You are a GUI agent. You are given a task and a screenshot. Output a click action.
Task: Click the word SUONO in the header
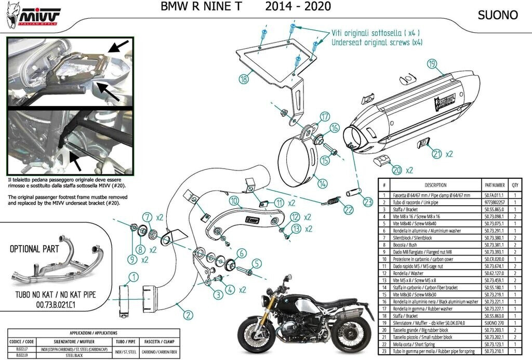coord(498,15)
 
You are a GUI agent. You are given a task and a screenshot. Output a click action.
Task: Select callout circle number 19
coord(431,64)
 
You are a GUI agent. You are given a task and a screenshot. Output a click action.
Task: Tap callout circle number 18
coord(244,79)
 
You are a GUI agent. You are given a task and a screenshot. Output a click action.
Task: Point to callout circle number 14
coord(322,183)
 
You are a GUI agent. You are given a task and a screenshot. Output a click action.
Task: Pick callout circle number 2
coord(188,313)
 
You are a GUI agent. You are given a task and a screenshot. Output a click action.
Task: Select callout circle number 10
coord(234,201)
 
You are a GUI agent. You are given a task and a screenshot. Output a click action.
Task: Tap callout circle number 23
coord(368,203)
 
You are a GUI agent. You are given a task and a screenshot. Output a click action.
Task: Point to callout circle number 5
coord(256,264)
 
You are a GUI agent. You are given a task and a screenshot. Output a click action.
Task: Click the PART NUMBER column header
coord(494,184)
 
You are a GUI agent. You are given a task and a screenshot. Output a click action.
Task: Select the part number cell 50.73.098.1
coord(494,216)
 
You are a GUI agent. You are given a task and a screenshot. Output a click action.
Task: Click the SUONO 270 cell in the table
coord(494,323)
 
